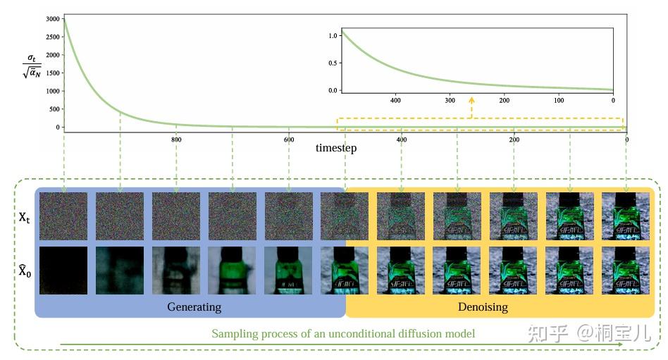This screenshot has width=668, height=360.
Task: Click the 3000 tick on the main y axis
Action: (51, 18)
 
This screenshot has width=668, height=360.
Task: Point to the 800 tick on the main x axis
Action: (176, 139)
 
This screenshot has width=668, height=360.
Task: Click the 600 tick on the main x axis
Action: (288, 139)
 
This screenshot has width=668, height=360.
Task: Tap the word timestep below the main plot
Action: (336, 148)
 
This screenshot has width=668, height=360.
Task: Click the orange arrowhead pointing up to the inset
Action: (471, 101)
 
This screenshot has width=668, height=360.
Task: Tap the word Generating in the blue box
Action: (194, 307)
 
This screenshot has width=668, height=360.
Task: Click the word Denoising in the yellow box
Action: (483, 307)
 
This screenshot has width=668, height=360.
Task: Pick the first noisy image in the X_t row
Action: (63, 217)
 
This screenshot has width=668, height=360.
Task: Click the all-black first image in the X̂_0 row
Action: (63, 270)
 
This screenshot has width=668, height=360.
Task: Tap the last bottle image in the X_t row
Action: (626, 217)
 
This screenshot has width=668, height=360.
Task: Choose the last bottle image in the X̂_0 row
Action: (626, 270)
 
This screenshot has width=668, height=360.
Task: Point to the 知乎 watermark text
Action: (547, 333)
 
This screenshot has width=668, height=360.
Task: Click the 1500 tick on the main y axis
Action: (51, 73)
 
